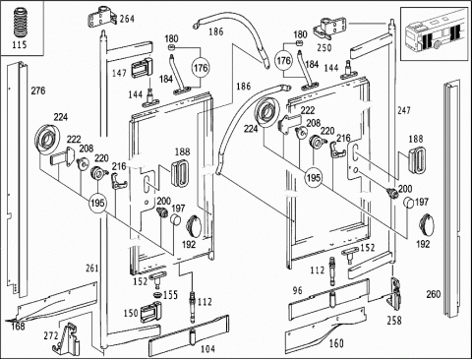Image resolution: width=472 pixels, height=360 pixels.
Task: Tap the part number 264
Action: coord(127,19)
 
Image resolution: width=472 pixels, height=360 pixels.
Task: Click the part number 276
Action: coord(38,90)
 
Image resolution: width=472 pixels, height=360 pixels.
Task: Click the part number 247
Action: coord(404,110)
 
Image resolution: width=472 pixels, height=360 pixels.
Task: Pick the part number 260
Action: coord(433,294)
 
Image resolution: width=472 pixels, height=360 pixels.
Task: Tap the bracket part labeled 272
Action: coord(67,339)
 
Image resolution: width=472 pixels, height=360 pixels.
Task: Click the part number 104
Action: coord(207,349)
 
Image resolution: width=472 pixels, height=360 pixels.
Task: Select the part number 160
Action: coord(336,343)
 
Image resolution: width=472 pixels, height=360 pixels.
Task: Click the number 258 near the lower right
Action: coord(394,321)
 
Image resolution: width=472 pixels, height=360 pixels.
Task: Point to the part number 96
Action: coord(297,290)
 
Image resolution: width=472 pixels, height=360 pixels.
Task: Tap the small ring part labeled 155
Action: coord(157,294)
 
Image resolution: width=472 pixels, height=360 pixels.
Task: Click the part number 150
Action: coord(131,313)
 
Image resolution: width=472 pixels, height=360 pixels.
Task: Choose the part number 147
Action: coord(119,73)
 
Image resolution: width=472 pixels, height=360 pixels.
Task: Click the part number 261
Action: coord(91,269)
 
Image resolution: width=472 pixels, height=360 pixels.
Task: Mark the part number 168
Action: coord(18,326)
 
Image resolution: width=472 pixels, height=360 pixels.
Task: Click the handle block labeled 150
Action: coord(150,312)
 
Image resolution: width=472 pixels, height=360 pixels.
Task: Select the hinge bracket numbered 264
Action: coord(101,17)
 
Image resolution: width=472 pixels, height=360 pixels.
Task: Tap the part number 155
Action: coord(170,295)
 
